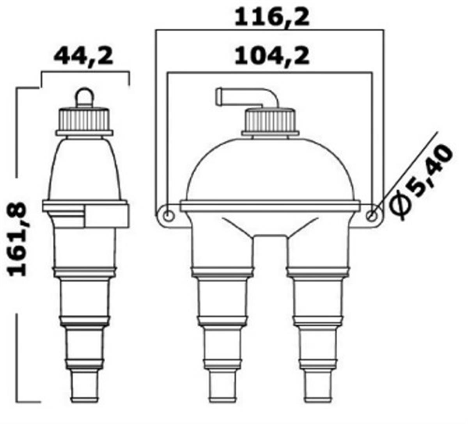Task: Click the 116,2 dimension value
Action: click(271, 17)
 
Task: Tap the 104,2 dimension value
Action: click(271, 57)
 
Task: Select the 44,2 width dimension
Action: click(83, 57)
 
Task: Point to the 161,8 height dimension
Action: click(17, 239)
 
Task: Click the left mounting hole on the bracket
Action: click(167, 216)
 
